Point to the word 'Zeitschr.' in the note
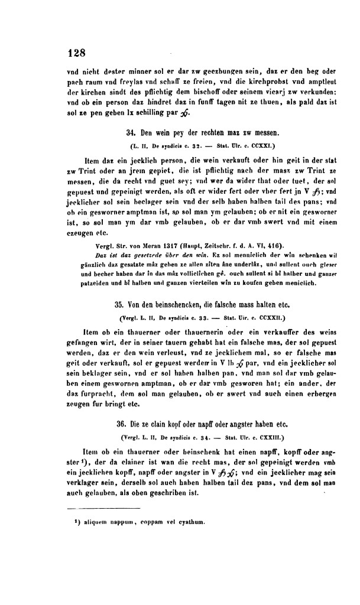tap(218, 245)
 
